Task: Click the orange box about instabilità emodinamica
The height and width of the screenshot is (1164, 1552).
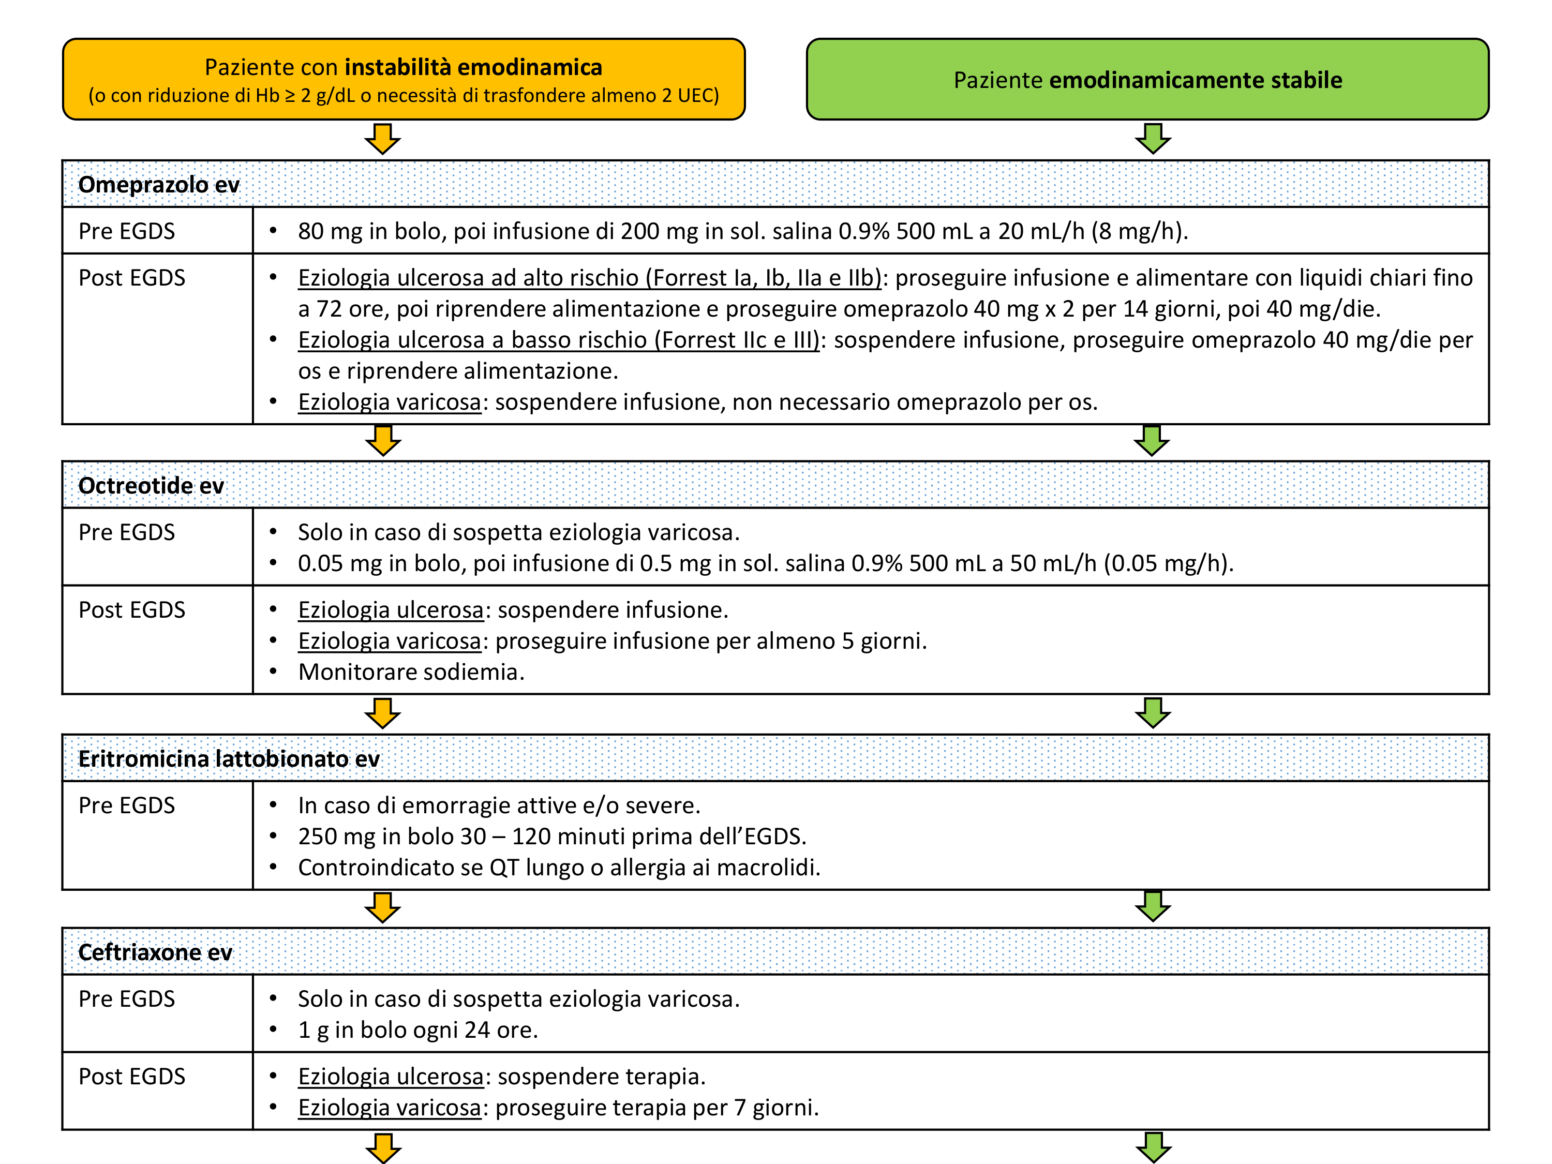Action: point(404,79)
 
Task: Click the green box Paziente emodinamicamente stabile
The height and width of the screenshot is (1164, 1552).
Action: point(1147,79)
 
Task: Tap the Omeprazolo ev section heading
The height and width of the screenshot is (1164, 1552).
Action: point(159,185)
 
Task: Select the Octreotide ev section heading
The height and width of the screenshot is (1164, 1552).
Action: point(151,486)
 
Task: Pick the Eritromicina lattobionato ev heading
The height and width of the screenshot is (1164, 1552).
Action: point(229,758)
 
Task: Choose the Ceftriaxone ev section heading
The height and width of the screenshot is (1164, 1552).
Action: point(155,952)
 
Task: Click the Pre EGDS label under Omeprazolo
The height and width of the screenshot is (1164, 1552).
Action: point(126,231)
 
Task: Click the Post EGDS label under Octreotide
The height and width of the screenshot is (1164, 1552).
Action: point(131,610)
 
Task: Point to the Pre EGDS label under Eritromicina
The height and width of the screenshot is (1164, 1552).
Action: point(126,805)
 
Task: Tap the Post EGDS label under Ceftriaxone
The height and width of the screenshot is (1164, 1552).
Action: point(131,1076)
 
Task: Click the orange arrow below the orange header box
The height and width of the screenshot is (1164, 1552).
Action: point(382,138)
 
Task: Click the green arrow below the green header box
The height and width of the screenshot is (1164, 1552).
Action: point(1153,138)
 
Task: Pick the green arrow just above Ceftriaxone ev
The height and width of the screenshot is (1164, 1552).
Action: point(1153,906)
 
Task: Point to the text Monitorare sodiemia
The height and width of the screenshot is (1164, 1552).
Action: point(411,672)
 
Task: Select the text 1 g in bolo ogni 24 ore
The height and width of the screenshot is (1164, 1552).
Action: point(417,1030)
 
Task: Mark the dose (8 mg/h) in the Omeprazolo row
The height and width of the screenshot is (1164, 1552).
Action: point(1139,231)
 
